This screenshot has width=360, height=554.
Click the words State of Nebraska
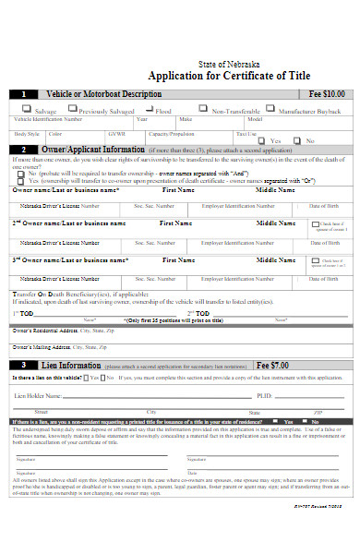point(229,64)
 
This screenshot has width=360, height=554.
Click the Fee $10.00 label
point(326,94)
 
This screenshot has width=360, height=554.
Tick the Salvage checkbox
point(28,109)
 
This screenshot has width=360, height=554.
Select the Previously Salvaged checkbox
point(73,109)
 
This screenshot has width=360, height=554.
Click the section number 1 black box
point(22,94)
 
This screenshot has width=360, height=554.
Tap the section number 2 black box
point(22,148)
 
